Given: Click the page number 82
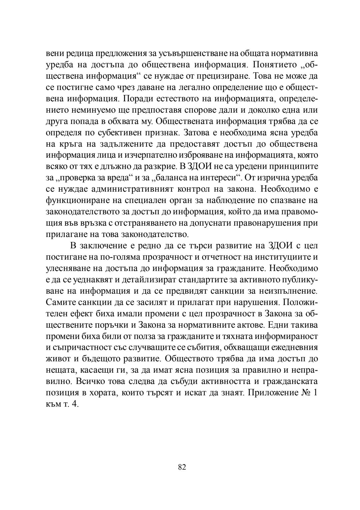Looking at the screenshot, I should (x=182, y=467).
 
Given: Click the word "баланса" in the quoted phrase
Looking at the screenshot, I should (x=177, y=178).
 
